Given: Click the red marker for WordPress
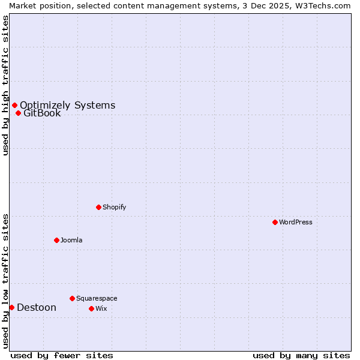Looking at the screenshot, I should (x=275, y=222).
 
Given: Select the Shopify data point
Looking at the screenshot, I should (x=98, y=207).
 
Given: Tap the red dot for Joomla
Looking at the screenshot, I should (x=56, y=240).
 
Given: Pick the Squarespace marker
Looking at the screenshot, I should (x=72, y=298).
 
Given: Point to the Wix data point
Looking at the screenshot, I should (x=91, y=308).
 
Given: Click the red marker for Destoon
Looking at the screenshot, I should (x=11, y=307).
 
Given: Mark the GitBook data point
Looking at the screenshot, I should (x=18, y=113).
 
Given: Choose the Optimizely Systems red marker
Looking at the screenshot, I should (x=14, y=106).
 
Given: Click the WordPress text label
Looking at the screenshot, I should (x=296, y=222).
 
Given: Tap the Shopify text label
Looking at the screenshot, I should (x=114, y=207).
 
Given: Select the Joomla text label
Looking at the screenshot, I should (x=71, y=240).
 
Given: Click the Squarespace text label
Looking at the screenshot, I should (x=97, y=298).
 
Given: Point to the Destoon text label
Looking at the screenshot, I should (x=37, y=307).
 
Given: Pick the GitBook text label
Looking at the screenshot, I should (x=42, y=113).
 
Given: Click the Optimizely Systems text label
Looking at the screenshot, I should (x=67, y=106).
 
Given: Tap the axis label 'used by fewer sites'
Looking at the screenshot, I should (x=62, y=355).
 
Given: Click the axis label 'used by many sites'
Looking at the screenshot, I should (x=301, y=355).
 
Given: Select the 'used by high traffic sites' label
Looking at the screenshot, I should (x=5, y=85).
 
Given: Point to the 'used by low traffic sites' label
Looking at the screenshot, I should (x=5, y=281).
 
